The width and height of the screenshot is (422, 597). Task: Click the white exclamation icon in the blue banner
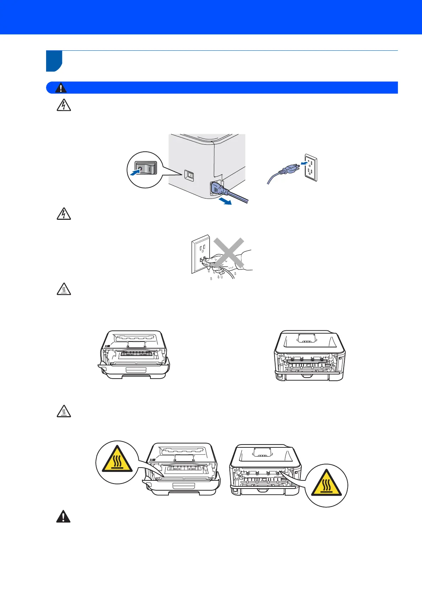[x=61, y=88]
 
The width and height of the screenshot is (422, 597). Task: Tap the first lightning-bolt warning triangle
[x=64, y=106]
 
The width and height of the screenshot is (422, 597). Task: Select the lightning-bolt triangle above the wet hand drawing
[x=64, y=214]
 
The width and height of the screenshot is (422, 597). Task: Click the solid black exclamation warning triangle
[x=63, y=517]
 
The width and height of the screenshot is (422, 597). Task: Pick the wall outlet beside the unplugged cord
[x=311, y=169]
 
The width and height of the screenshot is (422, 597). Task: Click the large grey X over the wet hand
[x=229, y=253]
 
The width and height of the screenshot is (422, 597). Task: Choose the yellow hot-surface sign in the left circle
[x=117, y=459]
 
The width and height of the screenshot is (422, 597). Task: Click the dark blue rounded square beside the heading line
[x=54, y=61]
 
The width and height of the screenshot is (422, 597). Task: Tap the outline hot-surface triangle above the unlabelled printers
[x=64, y=290]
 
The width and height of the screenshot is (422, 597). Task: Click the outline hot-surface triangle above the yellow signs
[x=64, y=412]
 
